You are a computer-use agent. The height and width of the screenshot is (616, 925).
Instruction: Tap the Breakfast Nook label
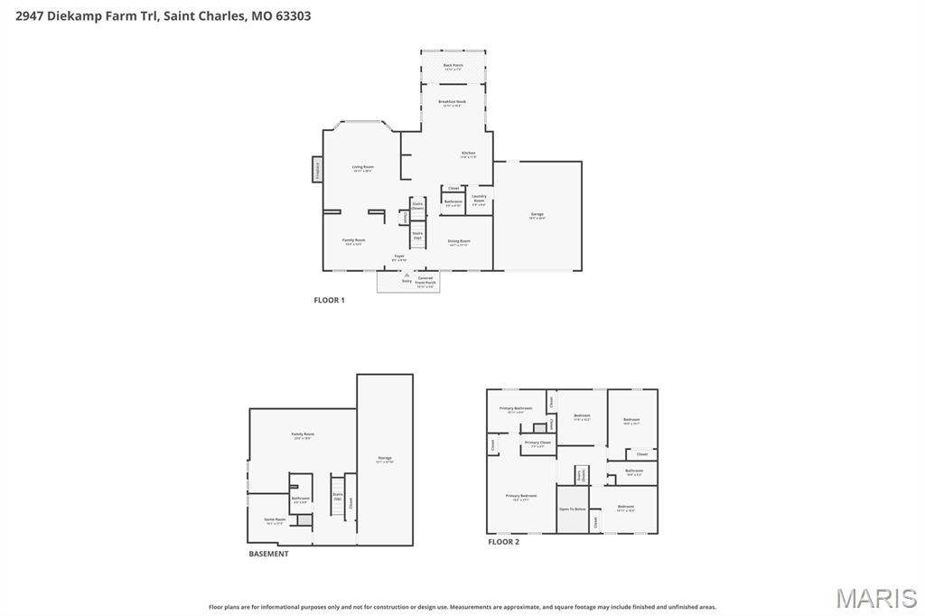pyautogui.click(x=453, y=103)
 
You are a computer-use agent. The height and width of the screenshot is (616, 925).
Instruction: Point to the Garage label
pyautogui.click(x=537, y=215)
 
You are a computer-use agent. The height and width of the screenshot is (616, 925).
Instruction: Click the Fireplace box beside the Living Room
pyautogui.click(x=317, y=169)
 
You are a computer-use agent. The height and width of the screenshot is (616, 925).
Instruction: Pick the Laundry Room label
pyautogui.click(x=479, y=199)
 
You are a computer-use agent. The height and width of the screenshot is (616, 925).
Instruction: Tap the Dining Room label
pyautogui.click(x=459, y=242)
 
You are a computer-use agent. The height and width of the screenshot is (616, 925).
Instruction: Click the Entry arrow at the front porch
pyautogui.click(x=406, y=275)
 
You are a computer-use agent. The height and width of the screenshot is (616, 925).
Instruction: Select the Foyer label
pyautogui.click(x=398, y=257)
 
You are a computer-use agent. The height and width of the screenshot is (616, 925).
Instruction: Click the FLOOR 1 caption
pyautogui.click(x=329, y=300)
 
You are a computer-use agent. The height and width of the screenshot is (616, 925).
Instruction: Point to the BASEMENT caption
pyautogui.click(x=268, y=554)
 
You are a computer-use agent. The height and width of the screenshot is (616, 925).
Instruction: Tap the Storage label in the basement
pyautogui.click(x=385, y=460)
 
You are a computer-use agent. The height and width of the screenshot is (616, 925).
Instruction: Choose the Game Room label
pyautogui.click(x=275, y=520)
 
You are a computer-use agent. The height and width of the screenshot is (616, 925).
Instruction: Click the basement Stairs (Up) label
pyautogui.click(x=338, y=496)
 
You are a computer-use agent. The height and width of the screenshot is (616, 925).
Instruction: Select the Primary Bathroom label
pyautogui.click(x=517, y=409)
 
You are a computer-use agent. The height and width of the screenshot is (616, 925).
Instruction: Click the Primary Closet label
pyautogui.click(x=537, y=443)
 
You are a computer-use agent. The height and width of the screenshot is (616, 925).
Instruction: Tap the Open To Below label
pyautogui.click(x=571, y=509)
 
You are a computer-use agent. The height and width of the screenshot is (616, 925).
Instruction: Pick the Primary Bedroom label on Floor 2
pyautogui.click(x=520, y=497)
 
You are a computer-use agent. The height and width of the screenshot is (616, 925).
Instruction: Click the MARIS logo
pyautogui.click(x=876, y=598)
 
